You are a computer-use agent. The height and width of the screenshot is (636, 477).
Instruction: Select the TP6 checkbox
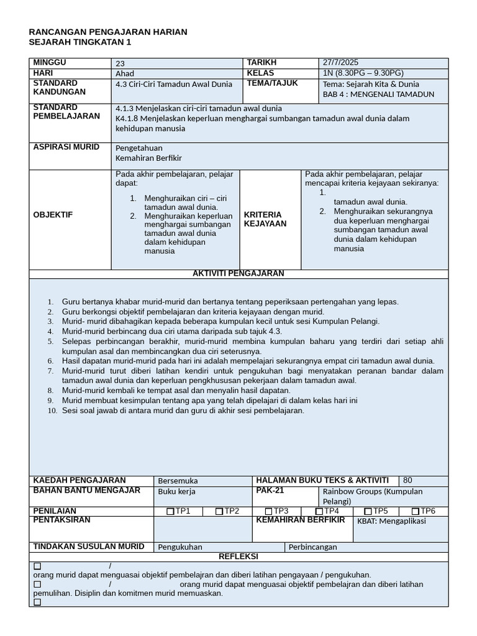[x=416, y=511]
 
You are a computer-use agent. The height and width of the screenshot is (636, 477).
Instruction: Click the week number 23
[x=120, y=63]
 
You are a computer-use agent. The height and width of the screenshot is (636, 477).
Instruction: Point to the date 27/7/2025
[x=341, y=63]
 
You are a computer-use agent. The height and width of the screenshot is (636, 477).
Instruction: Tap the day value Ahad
[x=125, y=73]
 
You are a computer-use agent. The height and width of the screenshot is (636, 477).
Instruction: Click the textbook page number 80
[x=407, y=480]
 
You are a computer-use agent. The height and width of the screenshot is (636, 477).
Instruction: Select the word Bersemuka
[x=178, y=481]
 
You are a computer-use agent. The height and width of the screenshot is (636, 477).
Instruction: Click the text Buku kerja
[x=177, y=491]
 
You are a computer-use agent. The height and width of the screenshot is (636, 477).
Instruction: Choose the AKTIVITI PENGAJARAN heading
[x=238, y=273]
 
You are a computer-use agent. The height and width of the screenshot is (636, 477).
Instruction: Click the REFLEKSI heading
[x=238, y=556]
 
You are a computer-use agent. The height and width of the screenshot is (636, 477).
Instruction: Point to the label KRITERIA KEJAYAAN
[x=265, y=219]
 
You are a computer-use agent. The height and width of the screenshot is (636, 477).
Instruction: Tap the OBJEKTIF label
[x=53, y=214]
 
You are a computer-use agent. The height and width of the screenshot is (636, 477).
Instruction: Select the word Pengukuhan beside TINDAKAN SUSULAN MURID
[x=180, y=547]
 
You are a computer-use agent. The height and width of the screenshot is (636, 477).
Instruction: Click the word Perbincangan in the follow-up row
[x=313, y=547]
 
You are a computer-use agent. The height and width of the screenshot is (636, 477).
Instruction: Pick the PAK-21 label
[x=270, y=490]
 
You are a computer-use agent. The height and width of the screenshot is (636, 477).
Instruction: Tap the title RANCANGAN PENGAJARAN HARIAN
[x=109, y=32]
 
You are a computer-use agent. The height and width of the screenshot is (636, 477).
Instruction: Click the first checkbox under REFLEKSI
[x=37, y=566]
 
